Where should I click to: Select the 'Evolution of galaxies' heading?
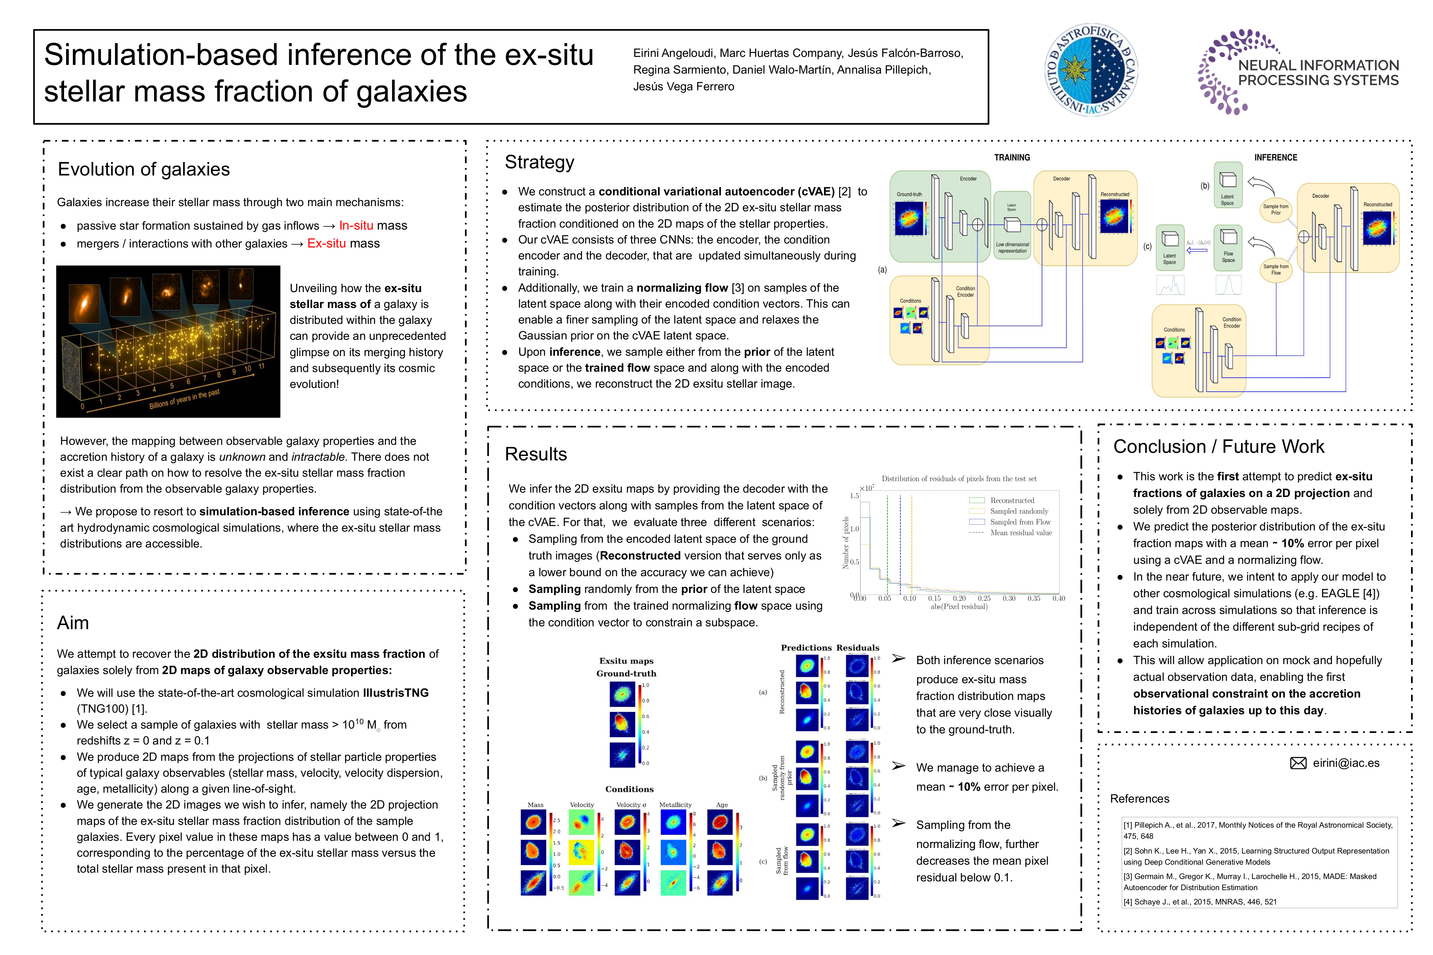click(x=143, y=170)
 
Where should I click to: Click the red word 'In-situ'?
click(x=356, y=225)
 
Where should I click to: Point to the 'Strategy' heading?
click(x=539, y=162)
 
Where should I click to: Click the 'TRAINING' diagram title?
click(x=1011, y=158)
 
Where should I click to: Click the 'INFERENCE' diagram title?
click(x=1275, y=158)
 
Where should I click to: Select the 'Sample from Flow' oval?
click(x=1275, y=269)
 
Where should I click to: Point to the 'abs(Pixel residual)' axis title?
click(x=959, y=606)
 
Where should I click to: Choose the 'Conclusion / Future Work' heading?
click(x=1218, y=446)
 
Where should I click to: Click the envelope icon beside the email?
click(x=1298, y=763)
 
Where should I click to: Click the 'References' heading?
click(x=1139, y=799)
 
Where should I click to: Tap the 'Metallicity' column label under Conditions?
click(x=675, y=805)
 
